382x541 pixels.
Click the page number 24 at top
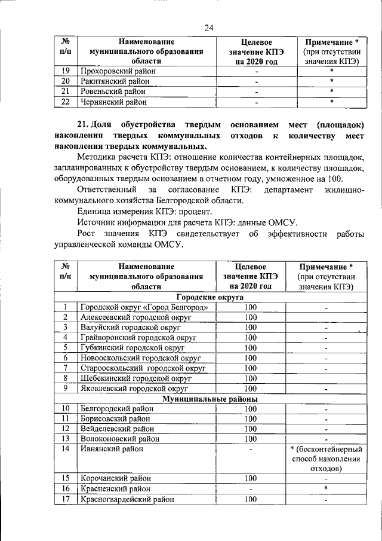(208, 27)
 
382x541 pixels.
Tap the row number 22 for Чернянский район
(66, 102)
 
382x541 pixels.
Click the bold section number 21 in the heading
(85, 124)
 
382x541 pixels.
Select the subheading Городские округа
(208, 297)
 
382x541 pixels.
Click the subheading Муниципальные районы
(208, 399)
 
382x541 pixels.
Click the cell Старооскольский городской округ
(143, 368)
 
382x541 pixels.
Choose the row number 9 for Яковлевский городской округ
(66, 389)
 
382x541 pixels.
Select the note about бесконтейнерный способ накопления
(326, 459)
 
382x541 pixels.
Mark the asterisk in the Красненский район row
(326, 488)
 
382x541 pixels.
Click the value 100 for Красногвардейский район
(250, 499)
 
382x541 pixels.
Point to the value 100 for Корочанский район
(250, 478)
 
